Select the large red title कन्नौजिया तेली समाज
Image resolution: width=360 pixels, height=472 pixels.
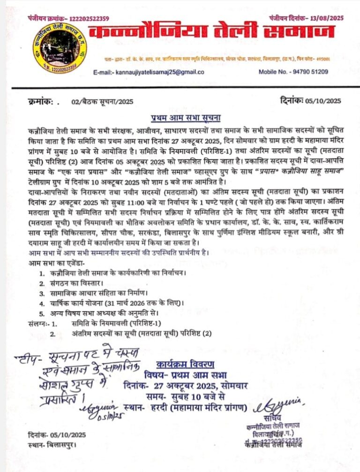pyautogui.click(x=212, y=32)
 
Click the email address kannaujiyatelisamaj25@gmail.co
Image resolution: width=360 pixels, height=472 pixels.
pyautogui.click(x=149, y=72)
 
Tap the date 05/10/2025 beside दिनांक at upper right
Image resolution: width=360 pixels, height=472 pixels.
pyautogui.click(x=323, y=101)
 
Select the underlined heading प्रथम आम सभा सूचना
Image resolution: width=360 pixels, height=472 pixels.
pyautogui.click(x=186, y=117)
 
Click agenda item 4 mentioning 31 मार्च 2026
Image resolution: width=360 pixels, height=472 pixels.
pyautogui.click(x=117, y=304)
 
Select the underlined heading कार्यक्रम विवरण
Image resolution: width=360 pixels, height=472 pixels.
pyautogui.click(x=186, y=365)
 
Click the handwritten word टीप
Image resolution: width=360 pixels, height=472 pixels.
pyautogui.click(x=36, y=360)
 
